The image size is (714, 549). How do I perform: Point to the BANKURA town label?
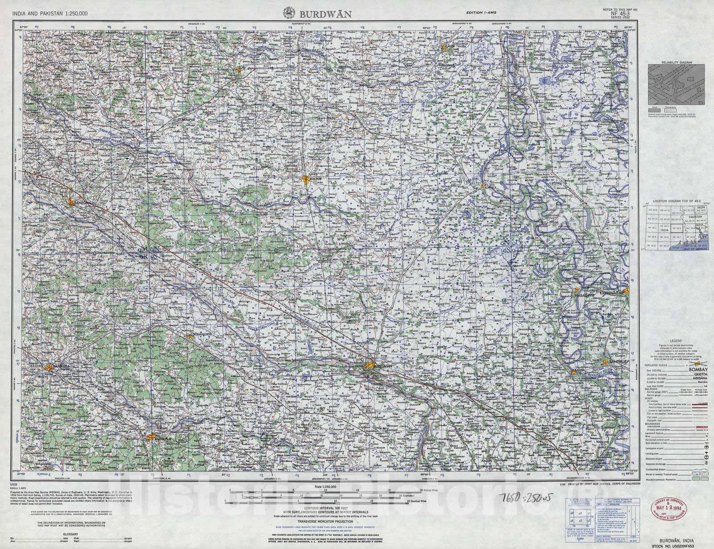tap(62, 367)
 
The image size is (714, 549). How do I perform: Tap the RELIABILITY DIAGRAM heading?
tap(677, 63)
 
